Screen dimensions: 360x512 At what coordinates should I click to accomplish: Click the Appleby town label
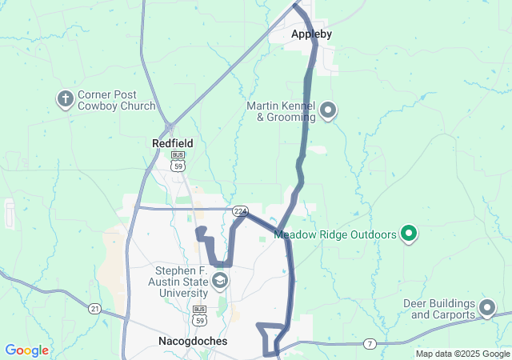pyautogui.click(x=311, y=34)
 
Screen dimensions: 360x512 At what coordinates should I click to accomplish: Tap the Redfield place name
pyautogui.click(x=173, y=143)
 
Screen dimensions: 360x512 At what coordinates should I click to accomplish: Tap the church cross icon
pyautogui.click(x=66, y=99)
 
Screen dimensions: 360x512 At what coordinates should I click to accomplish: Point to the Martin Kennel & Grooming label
pyautogui.click(x=281, y=111)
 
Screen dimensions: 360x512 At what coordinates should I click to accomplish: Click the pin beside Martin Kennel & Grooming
pyautogui.click(x=328, y=110)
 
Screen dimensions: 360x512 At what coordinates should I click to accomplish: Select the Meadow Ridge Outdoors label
pyautogui.click(x=335, y=235)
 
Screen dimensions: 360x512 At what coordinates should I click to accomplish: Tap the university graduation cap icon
pyautogui.click(x=219, y=281)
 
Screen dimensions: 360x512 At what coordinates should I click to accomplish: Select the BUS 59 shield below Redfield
pyautogui.click(x=178, y=162)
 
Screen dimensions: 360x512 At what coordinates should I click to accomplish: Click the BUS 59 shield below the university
pyautogui.click(x=200, y=313)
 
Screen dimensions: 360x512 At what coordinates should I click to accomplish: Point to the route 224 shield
pyautogui.click(x=240, y=210)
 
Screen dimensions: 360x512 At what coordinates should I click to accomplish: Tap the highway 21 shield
pyautogui.click(x=95, y=308)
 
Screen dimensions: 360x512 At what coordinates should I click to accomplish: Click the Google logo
pyautogui.click(x=26, y=350)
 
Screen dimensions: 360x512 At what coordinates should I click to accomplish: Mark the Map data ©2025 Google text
pyautogui.click(x=462, y=354)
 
